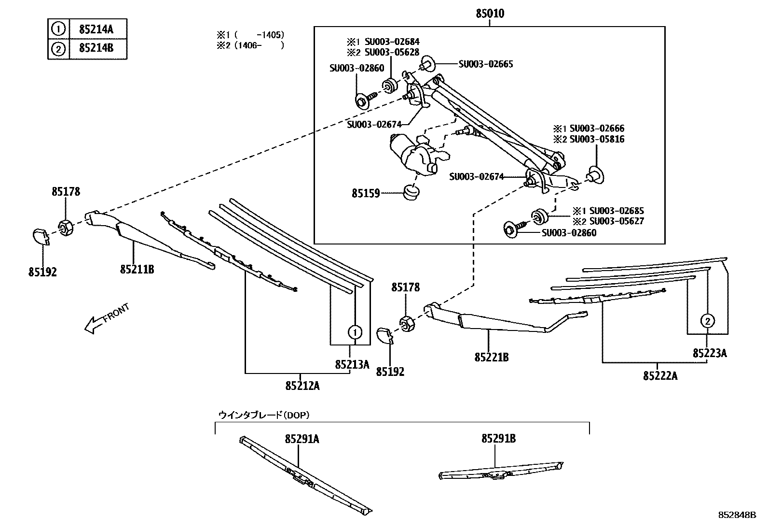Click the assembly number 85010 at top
[490, 14]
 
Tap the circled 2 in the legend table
[58, 49]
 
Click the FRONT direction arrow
[106, 318]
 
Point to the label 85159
[366, 193]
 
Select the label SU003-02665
[485, 64]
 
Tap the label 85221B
[492, 357]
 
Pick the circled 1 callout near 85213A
[355, 332]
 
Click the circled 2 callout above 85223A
[707, 320]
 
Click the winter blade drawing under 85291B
[502, 471]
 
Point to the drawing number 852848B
[736, 515]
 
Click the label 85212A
[302, 386]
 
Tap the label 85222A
[660, 375]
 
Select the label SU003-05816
[596, 139]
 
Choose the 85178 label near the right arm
[405, 287]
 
